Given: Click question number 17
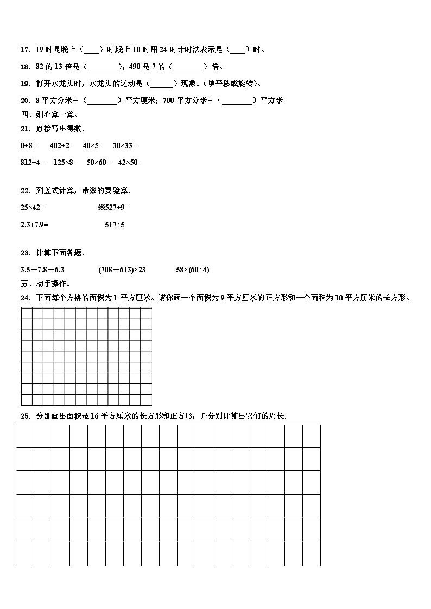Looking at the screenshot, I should pos(24,50).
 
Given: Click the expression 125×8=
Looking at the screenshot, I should pos(66,162).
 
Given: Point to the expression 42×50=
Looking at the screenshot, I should pos(130,162).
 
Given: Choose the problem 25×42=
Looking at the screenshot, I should pos(32,207).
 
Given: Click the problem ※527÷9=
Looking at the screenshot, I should pos(113,207).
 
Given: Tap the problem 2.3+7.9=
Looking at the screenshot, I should pos(34,225).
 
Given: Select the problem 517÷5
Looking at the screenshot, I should pos(115,225).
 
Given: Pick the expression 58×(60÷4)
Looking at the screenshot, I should pos(193,270).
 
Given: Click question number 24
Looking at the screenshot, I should pos(24,298).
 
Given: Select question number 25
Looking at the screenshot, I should pos(24,416).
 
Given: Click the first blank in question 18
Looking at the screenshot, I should pos(102,67).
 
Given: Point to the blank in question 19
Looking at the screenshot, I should pos(162,84).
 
